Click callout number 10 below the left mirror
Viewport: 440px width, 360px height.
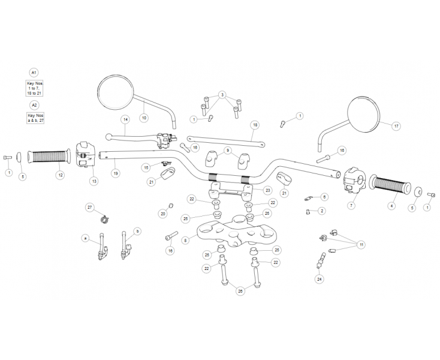pyautogui.click(x=143, y=118)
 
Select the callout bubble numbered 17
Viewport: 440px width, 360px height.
pyautogui.click(x=396, y=126)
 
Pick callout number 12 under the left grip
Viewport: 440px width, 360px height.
pyautogui.click(x=59, y=175)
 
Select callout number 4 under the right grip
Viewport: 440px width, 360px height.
pyautogui.click(x=392, y=206)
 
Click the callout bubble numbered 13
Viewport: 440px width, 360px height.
pyautogui.click(x=94, y=180)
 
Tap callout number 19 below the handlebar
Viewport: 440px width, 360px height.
pyautogui.click(x=115, y=173)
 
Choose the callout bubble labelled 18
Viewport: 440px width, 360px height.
pyautogui.click(x=255, y=125)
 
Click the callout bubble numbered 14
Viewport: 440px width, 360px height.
pyautogui.click(x=125, y=119)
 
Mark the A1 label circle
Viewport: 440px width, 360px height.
pyautogui.click(x=34, y=71)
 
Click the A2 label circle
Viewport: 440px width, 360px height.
pyautogui.click(x=34, y=104)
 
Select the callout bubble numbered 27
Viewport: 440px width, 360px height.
pyautogui.click(x=90, y=207)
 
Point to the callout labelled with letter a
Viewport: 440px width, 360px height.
pyautogui.click(x=85, y=238)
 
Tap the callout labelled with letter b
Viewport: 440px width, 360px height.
pyautogui.click(x=137, y=230)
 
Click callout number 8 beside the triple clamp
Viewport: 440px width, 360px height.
pyautogui.click(x=186, y=240)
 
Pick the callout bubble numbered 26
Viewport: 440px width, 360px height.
pyautogui.click(x=240, y=291)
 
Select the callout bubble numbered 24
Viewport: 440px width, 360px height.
pyautogui.click(x=319, y=279)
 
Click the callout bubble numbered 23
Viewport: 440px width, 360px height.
pyautogui.click(x=267, y=190)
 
